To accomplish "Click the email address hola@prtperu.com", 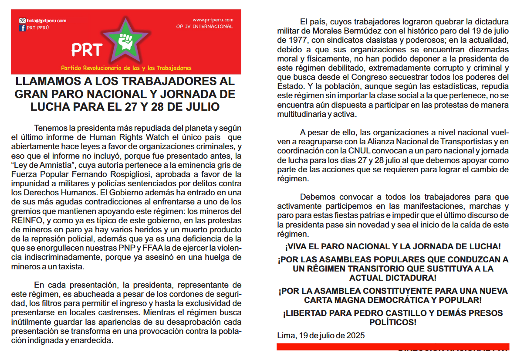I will [47, 20].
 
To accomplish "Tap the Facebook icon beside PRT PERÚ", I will [23, 28].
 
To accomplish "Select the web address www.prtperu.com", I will [213, 20].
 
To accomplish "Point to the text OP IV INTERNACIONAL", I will [210, 27].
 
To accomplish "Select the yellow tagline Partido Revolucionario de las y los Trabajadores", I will [126, 68].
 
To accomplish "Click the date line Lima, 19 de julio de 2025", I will [321, 335].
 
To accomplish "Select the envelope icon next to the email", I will [22, 20].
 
